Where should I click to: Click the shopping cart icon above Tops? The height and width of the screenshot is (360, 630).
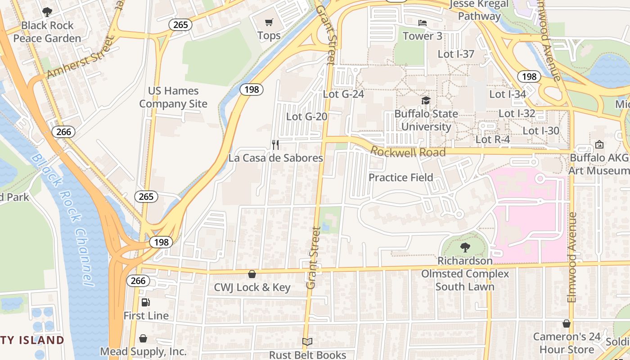point(269,22)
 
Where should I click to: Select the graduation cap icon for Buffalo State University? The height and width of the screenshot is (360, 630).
point(426,100)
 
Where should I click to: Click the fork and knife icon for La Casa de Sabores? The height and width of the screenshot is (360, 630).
point(275,145)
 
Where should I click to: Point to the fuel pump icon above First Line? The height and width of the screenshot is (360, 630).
point(146,302)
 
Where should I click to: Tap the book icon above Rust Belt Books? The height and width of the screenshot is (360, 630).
point(307,342)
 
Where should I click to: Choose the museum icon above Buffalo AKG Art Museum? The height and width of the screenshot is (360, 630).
point(599,144)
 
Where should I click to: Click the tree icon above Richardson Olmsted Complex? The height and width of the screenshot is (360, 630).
point(465,247)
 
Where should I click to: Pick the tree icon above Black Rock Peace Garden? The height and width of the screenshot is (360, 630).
point(47,12)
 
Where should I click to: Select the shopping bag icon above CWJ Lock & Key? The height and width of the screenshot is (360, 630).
point(252,274)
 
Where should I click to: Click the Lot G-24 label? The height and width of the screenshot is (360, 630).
point(343,94)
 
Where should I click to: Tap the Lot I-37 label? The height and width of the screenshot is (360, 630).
point(456,54)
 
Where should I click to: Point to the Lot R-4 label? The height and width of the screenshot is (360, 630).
point(493,139)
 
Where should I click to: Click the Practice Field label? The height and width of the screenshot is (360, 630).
point(401,178)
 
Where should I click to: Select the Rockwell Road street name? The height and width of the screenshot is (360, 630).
point(408,152)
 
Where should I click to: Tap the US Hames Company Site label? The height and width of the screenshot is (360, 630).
point(173,97)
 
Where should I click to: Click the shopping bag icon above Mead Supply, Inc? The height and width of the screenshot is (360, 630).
point(143,338)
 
